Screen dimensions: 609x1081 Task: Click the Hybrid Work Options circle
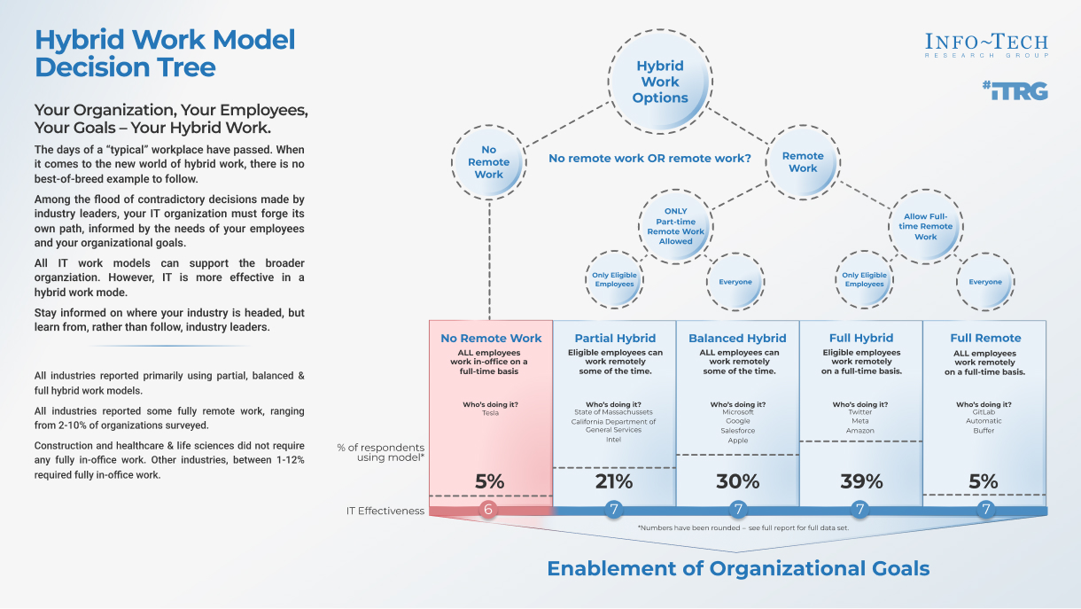pos(660,82)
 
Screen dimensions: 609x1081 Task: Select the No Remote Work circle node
pos(488,162)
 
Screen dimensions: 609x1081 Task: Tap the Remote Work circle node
pos(803,162)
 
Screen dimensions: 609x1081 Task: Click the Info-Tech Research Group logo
pos(986,45)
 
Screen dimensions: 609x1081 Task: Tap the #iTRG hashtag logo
pos(1015,90)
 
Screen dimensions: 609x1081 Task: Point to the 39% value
pos(861,481)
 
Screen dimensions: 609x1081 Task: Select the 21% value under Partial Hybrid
pos(614,481)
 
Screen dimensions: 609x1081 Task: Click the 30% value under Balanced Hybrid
pos(737,481)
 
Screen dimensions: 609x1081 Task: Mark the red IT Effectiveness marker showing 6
pos(489,510)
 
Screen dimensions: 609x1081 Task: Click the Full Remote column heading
pos(985,338)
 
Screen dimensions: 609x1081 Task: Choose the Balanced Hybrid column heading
pos(737,338)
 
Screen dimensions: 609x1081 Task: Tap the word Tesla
pos(491,413)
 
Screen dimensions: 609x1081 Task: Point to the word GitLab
pos(984,413)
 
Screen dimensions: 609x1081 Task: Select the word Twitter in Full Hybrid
pos(860,413)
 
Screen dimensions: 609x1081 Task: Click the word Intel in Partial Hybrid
pos(613,440)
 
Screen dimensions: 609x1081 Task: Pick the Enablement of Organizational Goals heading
pos(738,568)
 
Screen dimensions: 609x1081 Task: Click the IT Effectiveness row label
pos(385,511)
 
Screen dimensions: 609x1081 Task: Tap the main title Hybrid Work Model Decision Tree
pos(165,53)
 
